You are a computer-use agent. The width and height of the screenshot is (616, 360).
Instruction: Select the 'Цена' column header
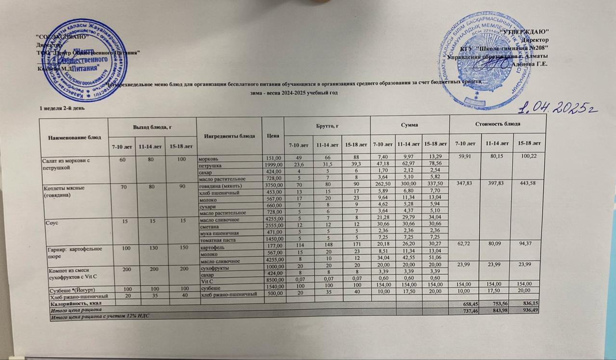point(273,135)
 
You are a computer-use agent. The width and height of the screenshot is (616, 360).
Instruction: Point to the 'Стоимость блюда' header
point(497,124)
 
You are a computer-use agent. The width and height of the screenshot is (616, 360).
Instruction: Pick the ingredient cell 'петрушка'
point(210,165)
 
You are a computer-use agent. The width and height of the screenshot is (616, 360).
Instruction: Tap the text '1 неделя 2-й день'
point(61,108)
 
